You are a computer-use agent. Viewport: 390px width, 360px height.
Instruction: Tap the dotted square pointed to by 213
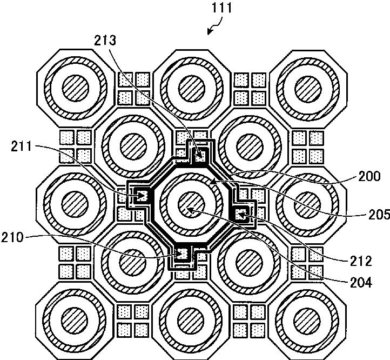[201, 157]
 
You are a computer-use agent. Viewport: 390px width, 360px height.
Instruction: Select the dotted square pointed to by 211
[142, 195]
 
